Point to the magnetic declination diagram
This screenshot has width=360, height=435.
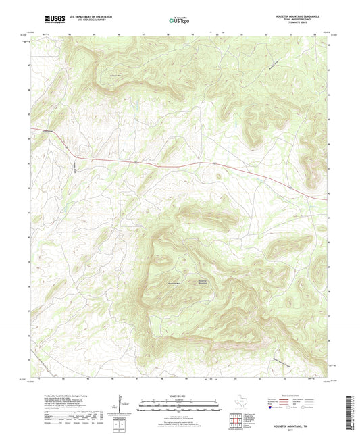tap(121, 407)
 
